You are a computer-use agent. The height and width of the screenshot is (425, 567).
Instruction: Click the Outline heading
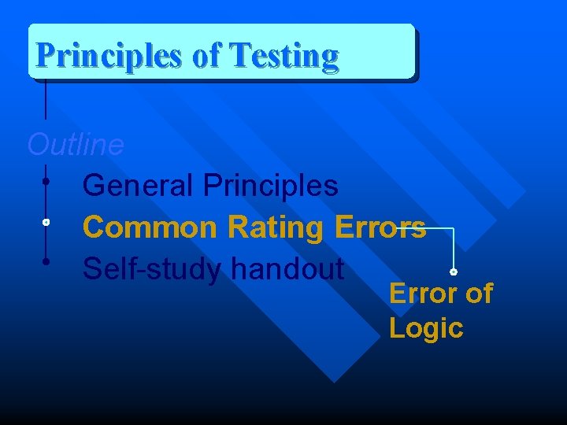76,145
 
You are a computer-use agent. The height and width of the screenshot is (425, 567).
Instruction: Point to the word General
139,187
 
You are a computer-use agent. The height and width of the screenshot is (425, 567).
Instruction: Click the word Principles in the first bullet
271,187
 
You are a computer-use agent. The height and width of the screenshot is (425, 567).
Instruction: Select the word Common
150,228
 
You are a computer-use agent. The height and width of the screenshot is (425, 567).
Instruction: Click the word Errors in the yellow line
380,228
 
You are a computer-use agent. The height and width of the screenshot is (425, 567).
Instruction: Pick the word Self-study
153,269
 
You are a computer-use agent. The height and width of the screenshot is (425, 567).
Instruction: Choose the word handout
287,269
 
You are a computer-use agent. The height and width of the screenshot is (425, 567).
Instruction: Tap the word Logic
426,328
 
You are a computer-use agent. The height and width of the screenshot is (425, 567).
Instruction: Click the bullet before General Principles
47,182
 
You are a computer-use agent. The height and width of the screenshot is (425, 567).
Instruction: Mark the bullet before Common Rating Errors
47,224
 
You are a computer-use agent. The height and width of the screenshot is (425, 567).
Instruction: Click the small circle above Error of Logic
454,272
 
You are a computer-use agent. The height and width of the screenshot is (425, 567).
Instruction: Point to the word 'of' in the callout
478,294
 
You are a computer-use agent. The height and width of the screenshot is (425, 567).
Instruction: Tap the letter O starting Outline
37,145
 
